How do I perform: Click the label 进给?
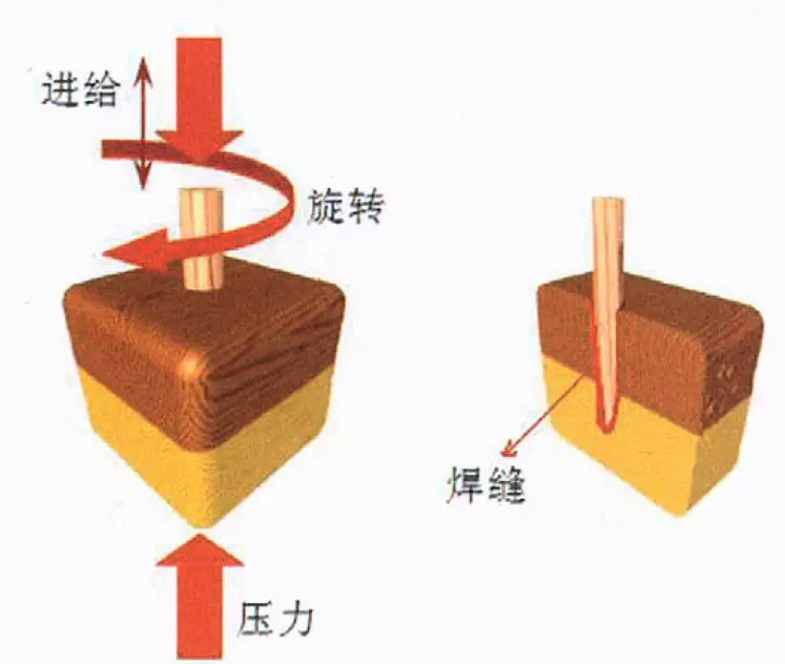80,89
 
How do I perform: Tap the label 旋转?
345,206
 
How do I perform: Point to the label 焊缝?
485,485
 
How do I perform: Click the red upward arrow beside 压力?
199,597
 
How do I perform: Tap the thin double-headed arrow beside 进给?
144,123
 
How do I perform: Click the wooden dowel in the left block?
202,239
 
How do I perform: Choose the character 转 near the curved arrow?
365,206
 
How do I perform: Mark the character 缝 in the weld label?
506,485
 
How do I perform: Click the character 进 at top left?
60,89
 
